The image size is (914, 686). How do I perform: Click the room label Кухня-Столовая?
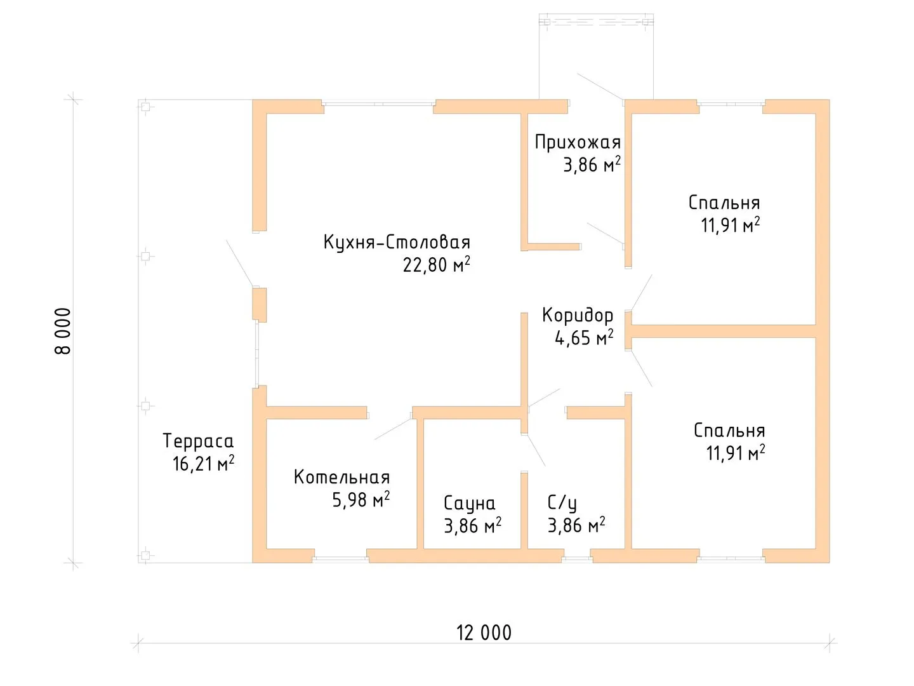coord(397,243)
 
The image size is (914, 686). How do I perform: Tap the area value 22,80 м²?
coord(436,264)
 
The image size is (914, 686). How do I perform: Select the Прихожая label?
coord(578,142)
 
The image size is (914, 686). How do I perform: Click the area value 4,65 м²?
coord(584,337)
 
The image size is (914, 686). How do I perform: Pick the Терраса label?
coord(198,441)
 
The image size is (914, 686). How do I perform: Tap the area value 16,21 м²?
coord(203,463)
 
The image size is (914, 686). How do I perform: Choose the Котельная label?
coord(342,477)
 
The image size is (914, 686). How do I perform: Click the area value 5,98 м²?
coord(361,499)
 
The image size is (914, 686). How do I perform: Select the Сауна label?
coord(469,503)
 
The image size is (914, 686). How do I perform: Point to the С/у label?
coord(562,503)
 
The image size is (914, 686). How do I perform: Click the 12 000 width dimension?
coord(484,633)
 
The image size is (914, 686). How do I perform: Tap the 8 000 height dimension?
coord(63,331)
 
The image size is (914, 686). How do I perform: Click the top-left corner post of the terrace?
coord(145,107)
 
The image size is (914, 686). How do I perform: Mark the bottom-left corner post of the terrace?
coord(145,555)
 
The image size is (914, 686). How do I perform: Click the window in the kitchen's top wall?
coord(379,104)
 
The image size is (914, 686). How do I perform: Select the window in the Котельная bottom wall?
coord(340,558)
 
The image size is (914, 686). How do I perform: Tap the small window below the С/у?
coord(578,558)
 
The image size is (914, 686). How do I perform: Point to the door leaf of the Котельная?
coord(393,429)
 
